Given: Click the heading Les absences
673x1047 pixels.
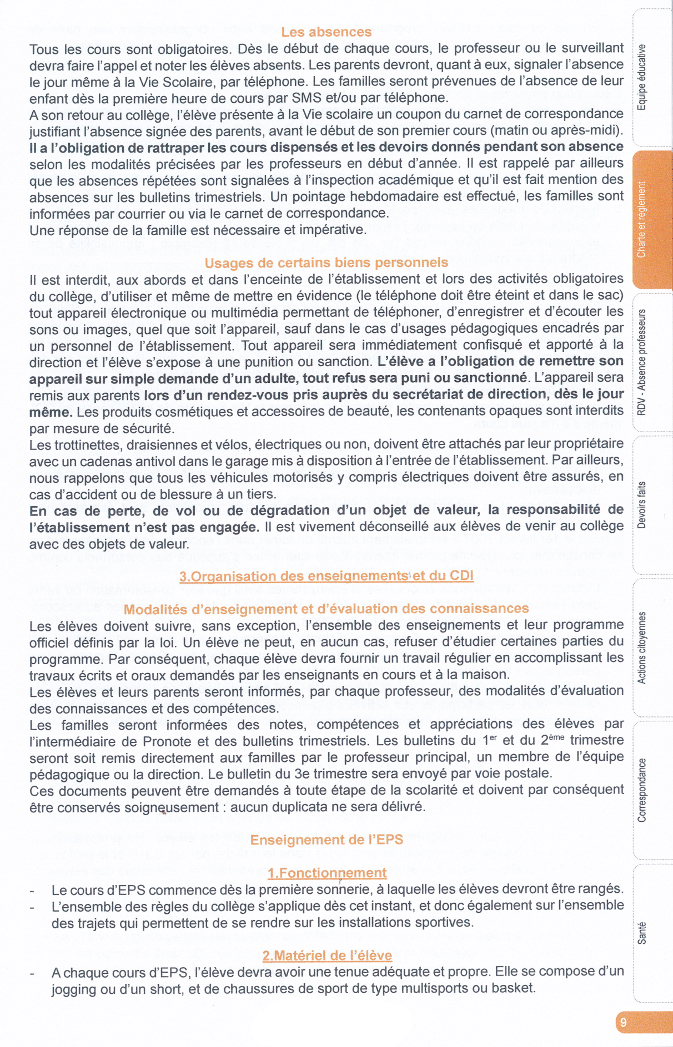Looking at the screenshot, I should [326, 32].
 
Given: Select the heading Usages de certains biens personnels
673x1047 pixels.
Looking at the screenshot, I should [326, 262].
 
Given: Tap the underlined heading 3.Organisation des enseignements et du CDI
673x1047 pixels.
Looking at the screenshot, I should [326, 576].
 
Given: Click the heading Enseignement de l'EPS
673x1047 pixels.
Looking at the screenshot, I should [327, 839].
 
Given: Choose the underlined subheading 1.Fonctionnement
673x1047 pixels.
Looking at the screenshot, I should [327, 873].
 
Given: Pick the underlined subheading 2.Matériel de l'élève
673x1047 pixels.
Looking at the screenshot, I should [327, 955].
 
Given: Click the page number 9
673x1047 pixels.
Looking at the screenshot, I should [624, 1022].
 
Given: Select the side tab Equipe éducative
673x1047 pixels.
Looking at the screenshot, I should [642, 77].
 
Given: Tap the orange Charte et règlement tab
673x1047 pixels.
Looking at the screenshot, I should [642, 220].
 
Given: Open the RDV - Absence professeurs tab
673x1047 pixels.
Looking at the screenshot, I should [642, 362].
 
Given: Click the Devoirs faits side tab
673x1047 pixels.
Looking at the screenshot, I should [642, 505].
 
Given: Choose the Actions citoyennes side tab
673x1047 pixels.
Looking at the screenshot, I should [642, 648].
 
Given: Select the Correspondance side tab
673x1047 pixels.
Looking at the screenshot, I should [642, 790].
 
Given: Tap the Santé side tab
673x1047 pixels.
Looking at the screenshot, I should [642, 933].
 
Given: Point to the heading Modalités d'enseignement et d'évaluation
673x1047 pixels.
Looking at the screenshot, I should [326, 609].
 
